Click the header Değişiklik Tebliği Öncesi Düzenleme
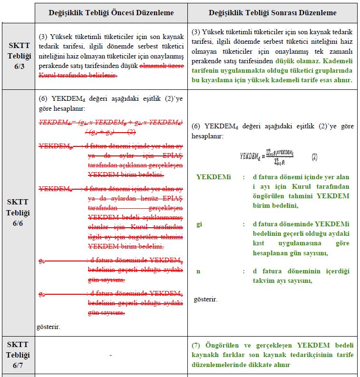[111, 13]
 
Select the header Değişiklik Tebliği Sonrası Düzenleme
[272, 13]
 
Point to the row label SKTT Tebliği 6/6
[18, 213]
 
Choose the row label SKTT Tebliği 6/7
[18, 355]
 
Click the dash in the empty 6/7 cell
[110, 355]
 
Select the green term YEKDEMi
[213, 177]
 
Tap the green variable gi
[199, 224]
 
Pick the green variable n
[198, 271]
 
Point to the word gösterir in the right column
[205, 300]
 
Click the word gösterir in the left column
[49, 327]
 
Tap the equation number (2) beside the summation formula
[314, 156]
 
